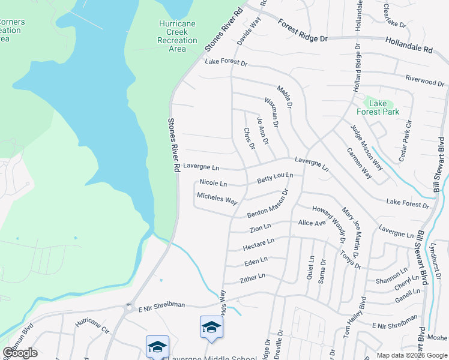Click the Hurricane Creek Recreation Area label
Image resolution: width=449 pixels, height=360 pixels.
pyautogui.click(x=177, y=36)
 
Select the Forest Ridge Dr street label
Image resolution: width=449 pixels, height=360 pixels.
pyautogui.click(x=303, y=31)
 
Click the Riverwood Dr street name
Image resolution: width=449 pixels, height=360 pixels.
pyautogui.click(x=424, y=80)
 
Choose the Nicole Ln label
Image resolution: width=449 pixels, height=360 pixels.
pyautogui.click(x=213, y=183)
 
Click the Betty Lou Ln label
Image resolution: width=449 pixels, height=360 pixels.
pyautogui.click(x=275, y=178)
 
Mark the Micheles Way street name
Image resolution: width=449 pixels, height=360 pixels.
pyautogui.click(x=217, y=198)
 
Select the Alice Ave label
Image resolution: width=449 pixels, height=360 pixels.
pyautogui.click(x=312, y=223)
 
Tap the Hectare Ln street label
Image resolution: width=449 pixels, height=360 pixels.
pyautogui.click(x=258, y=244)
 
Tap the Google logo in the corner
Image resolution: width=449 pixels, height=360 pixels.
pyautogui.click(x=20, y=353)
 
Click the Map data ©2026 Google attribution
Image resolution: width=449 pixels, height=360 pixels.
pyautogui.click(x=411, y=355)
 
